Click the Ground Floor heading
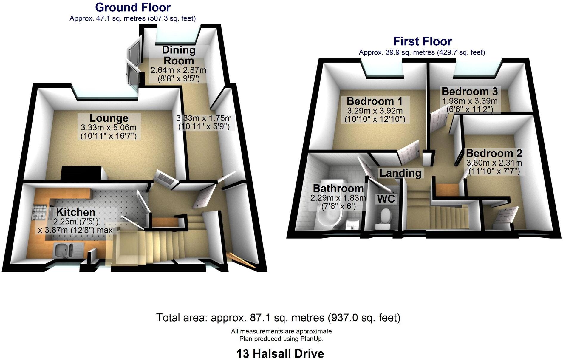coord(133,7)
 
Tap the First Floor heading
coord(422,41)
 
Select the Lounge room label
coord(109,118)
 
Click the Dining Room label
coord(179,55)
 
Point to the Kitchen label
coord(76,212)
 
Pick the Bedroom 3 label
coord(469,91)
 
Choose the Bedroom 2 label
coord(494,153)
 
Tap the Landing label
coord(400,173)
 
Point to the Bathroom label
coord(338,189)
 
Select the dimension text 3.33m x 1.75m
coord(204,118)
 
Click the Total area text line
coord(278,318)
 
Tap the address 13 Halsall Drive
coord(280,354)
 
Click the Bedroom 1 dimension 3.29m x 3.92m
coord(375,111)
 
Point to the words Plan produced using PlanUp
coord(281,339)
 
